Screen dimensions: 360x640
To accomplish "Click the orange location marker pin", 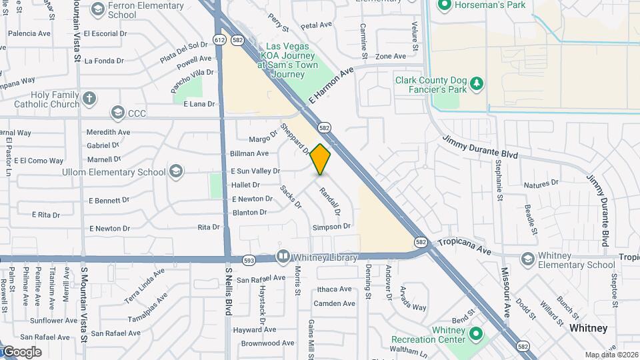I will tap(321, 159).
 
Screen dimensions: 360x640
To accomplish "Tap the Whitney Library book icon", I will tap(283, 257).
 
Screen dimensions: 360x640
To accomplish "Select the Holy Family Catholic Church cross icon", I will tap(90, 99).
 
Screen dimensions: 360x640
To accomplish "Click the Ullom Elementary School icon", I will tap(175, 172).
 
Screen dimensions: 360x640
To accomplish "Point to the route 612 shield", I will tap(220, 40).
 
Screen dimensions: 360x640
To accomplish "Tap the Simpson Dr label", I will tap(331, 227).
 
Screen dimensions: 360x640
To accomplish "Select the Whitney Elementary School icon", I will tap(527, 259).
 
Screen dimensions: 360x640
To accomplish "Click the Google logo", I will tap(21, 351).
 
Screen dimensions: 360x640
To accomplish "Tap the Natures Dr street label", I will tap(541, 184).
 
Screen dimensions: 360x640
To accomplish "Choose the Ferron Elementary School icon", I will tap(98, 9).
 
